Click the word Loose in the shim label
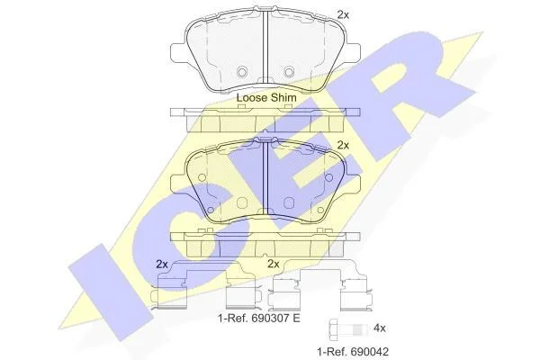[251, 98]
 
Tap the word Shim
[283, 98]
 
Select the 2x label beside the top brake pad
[343, 14]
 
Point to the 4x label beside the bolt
[380, 328]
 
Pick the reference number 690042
[370, 352]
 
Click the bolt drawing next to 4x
[347, 328]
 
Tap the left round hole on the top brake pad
[242, 72]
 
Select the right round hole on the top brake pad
[289, 72]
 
